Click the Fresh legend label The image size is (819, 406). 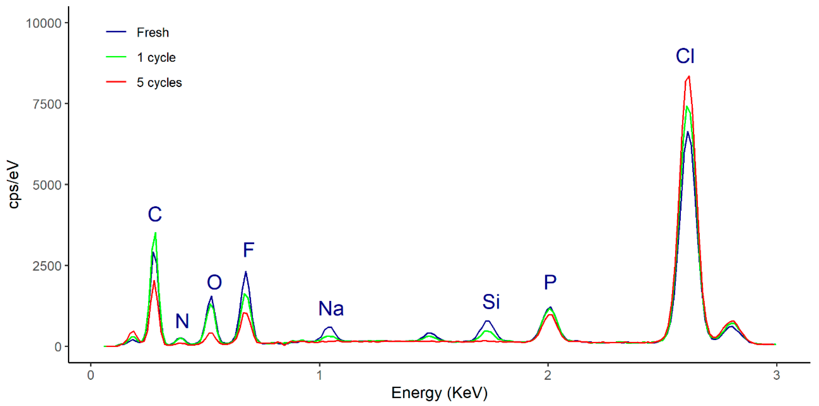click(x=153, y=32)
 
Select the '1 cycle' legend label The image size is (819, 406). click(x=156, y=58)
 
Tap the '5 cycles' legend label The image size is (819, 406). click(x=159, y=83)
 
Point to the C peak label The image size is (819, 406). click(x=155, y=214)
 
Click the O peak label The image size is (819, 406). click(x=214, y=282)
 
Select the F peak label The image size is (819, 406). click(x=248, y=250)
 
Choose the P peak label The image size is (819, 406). click(x=550, y=282)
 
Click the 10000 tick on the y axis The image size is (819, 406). click(x=44, y=23)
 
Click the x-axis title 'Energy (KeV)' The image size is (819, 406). click(x=439, y=393)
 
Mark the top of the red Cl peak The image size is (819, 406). click(x=689, y=76)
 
